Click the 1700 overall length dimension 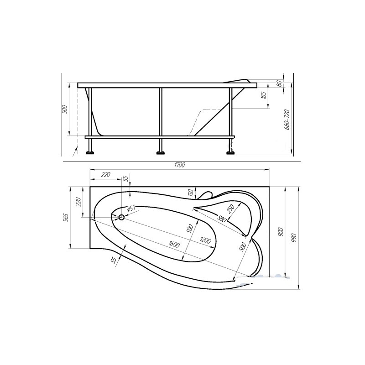pos(179,165)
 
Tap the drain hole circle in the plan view pos(121,218)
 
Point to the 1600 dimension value pos(174,244)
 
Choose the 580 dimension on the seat pos(221,219)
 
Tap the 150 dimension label pos(191,193)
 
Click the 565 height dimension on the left pos(66,218)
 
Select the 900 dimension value pos(281,232)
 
